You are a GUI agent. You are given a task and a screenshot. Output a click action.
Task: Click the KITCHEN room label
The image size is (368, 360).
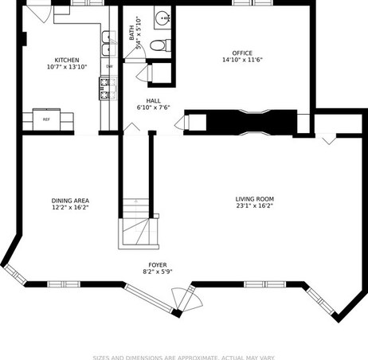pyautogui.click(x=67, y=61)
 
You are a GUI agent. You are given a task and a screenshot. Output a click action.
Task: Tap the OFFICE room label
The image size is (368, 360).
pyautogui.click(x=242, y=53)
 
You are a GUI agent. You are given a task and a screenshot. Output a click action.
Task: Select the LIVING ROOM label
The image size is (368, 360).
pyautogui.click(x=255, y=199)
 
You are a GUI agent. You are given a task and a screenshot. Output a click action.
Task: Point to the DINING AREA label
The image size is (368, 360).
pyautogui.click(x=70, y=201)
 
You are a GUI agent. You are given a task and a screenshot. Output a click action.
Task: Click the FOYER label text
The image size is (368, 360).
pyautogui.click(x=158, y=265)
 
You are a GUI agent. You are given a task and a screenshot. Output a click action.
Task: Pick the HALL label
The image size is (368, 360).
pyautogui.click(x=153, y=101)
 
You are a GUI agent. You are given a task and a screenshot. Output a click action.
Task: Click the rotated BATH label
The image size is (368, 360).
pyautogui.click(x=131, y=33)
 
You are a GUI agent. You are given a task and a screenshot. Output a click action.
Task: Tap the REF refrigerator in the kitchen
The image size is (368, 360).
pyautogui.click(x=46, y=119)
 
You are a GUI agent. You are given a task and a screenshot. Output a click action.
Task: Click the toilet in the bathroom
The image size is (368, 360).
pyautogui.click(x=160, y=45)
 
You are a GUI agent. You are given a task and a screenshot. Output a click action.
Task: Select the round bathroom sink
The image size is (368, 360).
pyautogui.click(x=162, y=18)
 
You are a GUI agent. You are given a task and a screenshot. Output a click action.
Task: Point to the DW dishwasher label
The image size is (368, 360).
pyautogui.click(x=109, y=66)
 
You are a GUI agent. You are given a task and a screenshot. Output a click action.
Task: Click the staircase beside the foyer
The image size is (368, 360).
pyautogui.click(x=138, y=224)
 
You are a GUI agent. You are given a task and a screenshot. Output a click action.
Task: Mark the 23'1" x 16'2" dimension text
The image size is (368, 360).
pyautogui.click(x=255, y=205)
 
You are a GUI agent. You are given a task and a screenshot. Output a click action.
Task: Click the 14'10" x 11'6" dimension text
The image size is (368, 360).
pyautogui.click(x=242, y=60)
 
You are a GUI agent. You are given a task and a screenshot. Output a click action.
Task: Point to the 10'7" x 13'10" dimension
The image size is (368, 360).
pyautogui.click(x=67, y=67)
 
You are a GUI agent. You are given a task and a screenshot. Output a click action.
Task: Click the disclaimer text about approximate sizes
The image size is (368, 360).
pyautogui.click(x=183, y=358)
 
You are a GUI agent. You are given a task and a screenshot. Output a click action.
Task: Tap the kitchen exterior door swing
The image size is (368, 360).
pyautogui.click(x=39, y=14)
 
